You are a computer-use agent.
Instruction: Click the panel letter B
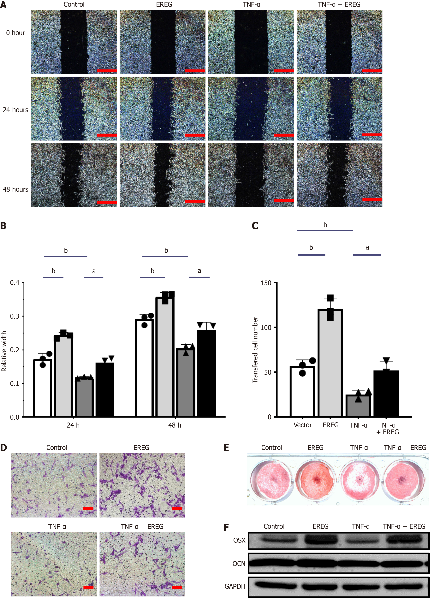[3, 226]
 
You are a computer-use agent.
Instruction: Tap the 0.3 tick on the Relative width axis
[15, 316]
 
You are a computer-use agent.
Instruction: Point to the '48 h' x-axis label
[175, 425]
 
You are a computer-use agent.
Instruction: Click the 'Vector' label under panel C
[302, 425]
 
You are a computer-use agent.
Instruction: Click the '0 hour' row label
[15, 33]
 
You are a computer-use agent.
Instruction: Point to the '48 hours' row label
[15, 189]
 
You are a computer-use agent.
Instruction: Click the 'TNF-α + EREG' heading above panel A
[339, 4]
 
